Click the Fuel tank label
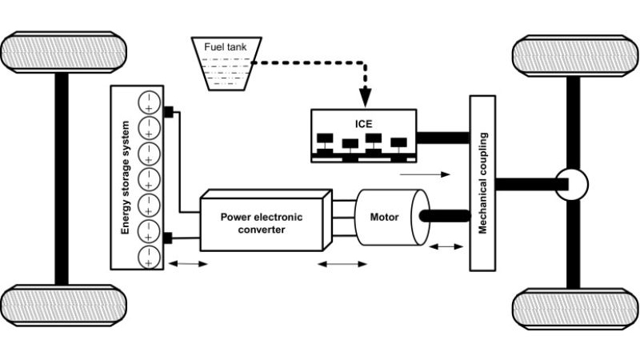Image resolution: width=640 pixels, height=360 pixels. [226, 47]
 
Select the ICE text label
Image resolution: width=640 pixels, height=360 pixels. [364, 124]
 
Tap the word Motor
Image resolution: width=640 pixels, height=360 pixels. [384, 217]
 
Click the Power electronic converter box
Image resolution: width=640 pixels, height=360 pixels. [266, 221]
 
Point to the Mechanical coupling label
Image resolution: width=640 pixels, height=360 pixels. [483, 183]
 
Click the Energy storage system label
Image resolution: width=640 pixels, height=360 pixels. [126, 178]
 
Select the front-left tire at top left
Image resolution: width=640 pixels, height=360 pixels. [63, 52]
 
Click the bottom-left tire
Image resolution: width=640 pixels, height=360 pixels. [63, 306]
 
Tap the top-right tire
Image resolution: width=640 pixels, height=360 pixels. [575, 56]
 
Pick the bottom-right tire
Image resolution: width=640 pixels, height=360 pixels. [575, 309]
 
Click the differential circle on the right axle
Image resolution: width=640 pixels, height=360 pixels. [572, 185]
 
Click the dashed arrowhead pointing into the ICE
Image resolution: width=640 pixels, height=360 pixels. [365, 98]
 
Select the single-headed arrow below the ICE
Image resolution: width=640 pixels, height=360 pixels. [425, 174]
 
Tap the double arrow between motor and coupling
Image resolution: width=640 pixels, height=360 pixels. [446, 246]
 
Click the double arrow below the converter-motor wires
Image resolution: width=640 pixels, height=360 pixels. [342, 264]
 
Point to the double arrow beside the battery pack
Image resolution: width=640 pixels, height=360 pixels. [188, 264]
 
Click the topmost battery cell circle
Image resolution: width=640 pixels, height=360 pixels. [149, 102]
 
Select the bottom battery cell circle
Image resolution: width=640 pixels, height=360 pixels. [149, 258]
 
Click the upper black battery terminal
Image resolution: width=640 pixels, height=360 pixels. [168, 112]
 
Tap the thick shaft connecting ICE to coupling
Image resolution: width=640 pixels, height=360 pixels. [443, 138]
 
